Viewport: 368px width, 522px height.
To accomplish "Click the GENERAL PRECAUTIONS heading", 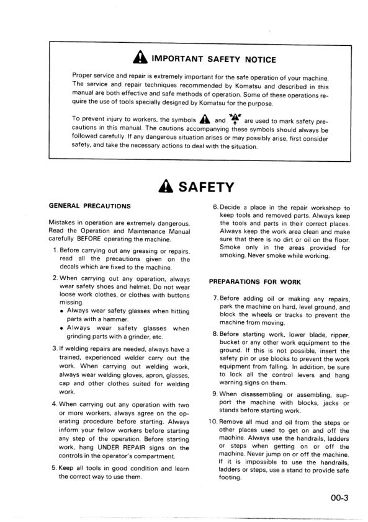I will (x=89, y=206).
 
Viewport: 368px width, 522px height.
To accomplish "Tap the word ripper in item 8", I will (x=338, y=334).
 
